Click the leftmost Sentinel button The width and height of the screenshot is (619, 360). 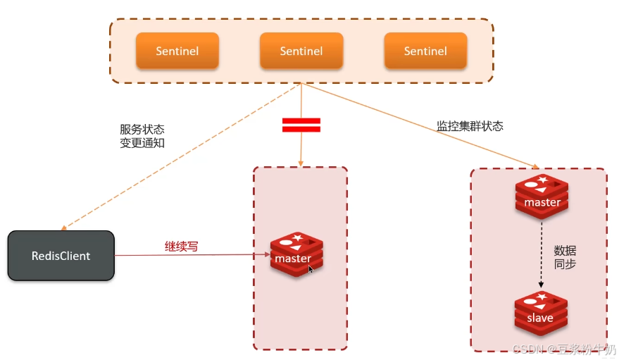[x=177, y=51]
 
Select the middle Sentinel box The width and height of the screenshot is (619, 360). [x=301, y=51]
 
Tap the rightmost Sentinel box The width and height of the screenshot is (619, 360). [x=425, y=51]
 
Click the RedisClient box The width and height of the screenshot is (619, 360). [x=61, y=256]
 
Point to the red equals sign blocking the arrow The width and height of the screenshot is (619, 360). [x=301, y=125]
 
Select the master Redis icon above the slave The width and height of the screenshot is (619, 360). [x=542, y=197]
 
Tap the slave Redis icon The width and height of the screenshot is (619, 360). [x=541, y=313]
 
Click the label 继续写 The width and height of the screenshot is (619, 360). [x=181, y=247]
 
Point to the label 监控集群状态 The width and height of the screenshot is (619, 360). [x=470, y=126]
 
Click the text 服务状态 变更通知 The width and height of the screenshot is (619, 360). [x=142, y=137]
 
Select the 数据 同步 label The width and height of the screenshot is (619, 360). [x=565, y=257]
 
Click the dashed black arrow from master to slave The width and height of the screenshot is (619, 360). [x=542, y=254]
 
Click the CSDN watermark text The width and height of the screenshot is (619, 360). [x=563, y=349]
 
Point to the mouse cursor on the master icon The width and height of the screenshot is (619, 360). [x=311, y=268]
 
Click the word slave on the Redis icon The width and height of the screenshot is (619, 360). [x=540, y=318]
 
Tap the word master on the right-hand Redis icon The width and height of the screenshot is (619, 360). [x=542, y=202]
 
